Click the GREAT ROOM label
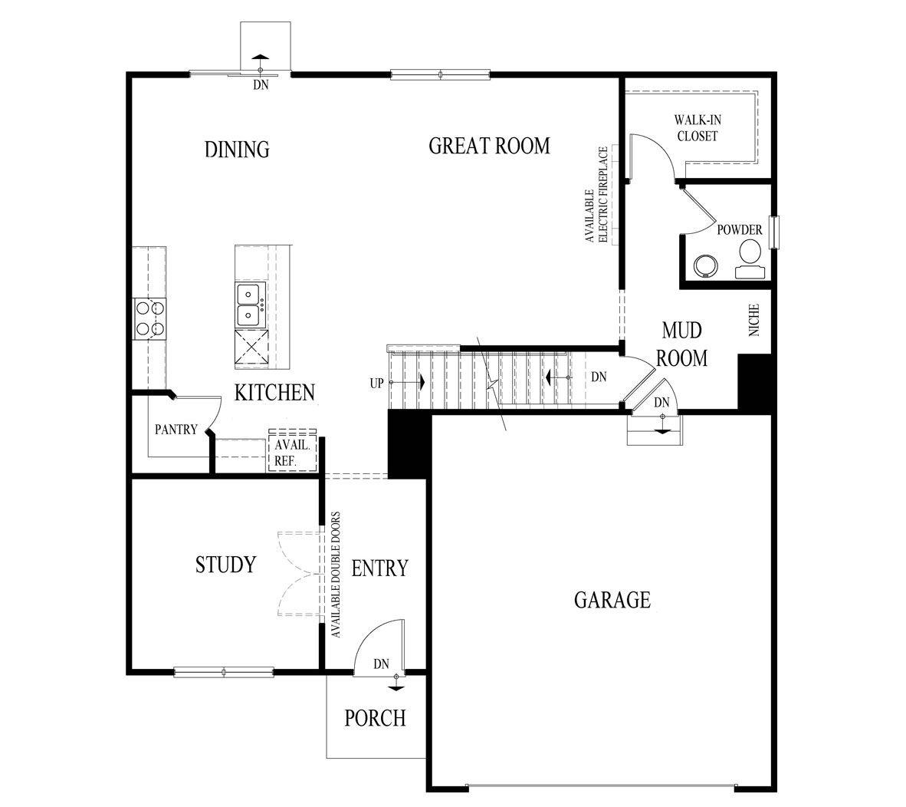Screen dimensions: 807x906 (x=489, y=146)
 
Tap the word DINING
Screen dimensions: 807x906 (x=237, y=149)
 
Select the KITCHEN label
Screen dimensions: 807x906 (x=274, y=393)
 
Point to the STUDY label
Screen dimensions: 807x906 (x=225, y=565)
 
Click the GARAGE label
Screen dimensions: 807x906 (x=612, y=599)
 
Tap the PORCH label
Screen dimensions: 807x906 (x=375, y=718)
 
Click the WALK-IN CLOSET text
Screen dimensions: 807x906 (x=696, y=128)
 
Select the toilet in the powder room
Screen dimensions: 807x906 (x=750, y=257)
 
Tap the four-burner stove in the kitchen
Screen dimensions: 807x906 (x=150, y=318)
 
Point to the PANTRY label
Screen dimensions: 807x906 (x=176, y=430)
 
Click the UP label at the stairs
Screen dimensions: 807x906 (x=376, y=383)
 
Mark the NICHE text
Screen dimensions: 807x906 (x=754, y=320)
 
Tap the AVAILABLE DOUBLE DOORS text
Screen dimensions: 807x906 (x=336, y=575)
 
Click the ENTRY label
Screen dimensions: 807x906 (x=379, y=568)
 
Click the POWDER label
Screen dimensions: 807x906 (x=739, y=230)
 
